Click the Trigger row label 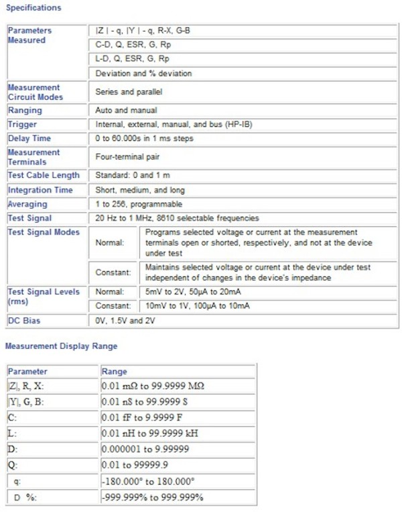(x=23, y=123)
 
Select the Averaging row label (x=27, y=204)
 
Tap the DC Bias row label (x=24, y=321)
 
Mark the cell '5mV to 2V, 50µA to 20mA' (x=197, y=292)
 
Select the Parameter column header (x=28, y=371)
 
